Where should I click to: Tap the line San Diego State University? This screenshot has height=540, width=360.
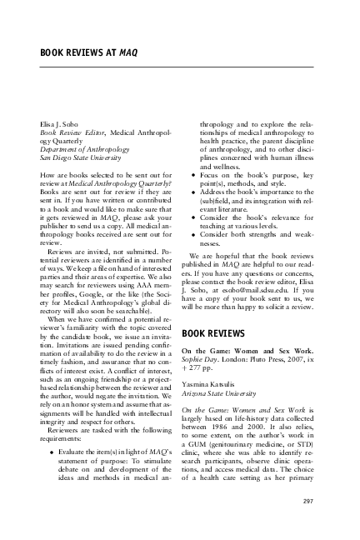coord(81,156)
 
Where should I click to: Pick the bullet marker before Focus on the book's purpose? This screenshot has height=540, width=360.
coord(193,175)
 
